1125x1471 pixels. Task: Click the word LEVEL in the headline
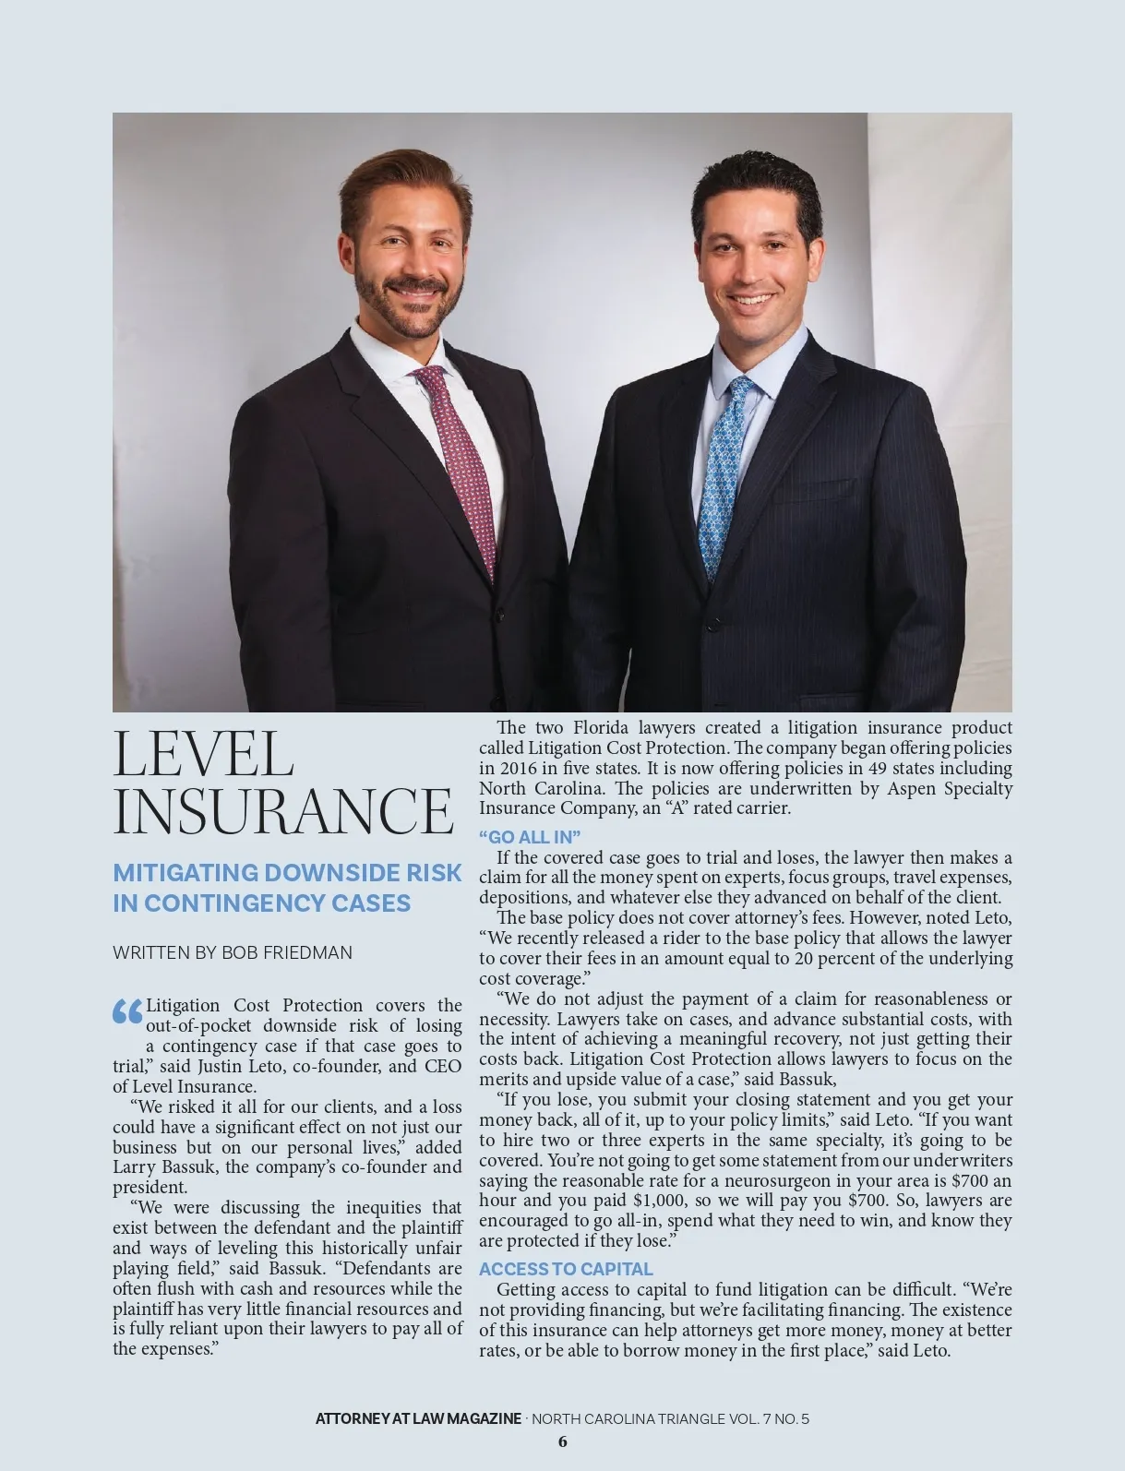[203, 755]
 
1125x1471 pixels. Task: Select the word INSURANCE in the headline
[282, 810]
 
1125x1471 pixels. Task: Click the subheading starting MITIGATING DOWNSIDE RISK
[286, 887]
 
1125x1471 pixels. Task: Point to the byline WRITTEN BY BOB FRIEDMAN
[233, 952]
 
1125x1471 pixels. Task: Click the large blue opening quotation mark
[127, 1011]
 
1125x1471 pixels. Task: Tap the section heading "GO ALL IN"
[530, 837]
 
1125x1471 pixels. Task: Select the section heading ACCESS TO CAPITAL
[566, 1269]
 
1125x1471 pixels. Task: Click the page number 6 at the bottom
[563, 1441]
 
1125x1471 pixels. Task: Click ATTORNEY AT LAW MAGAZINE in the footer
[418, 1418]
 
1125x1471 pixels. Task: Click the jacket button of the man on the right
[712, 625]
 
